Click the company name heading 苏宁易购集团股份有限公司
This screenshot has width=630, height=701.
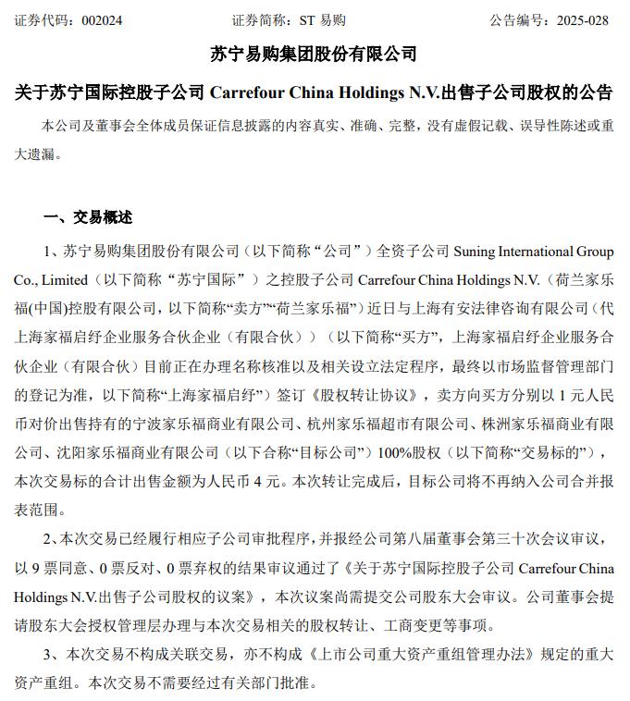[315, 55]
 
